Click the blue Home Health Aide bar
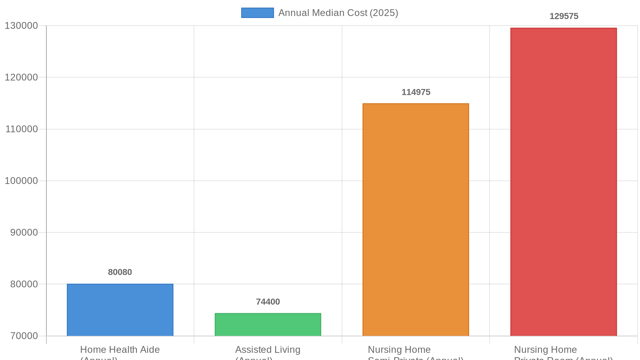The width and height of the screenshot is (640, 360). [120, 310]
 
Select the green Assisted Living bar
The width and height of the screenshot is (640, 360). [268, 324]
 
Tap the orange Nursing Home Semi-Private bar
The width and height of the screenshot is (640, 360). [416, 220]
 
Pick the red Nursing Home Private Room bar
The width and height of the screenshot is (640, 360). [563, 182]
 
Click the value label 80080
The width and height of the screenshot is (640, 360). [120, 272]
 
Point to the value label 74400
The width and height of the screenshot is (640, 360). [268, 302]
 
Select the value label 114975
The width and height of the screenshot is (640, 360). [416, 92]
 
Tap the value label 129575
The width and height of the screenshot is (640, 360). [564, 16]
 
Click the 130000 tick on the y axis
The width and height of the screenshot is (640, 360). [21, 26]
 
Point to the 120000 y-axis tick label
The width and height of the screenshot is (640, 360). [21, 78]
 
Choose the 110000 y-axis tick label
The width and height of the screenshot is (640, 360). [21, 129]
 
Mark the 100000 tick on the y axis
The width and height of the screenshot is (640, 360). [21, 181]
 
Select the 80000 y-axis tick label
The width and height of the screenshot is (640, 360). [24, 284]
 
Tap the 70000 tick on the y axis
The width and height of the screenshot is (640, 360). [24, 336]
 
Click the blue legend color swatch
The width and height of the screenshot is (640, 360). [257, 13]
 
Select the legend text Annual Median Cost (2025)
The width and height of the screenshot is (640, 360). [338, 13]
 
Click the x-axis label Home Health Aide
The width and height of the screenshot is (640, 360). [120, 350]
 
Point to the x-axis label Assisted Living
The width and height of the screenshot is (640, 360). [268, 350]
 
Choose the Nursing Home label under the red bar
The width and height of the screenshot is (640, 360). [545, 350]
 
